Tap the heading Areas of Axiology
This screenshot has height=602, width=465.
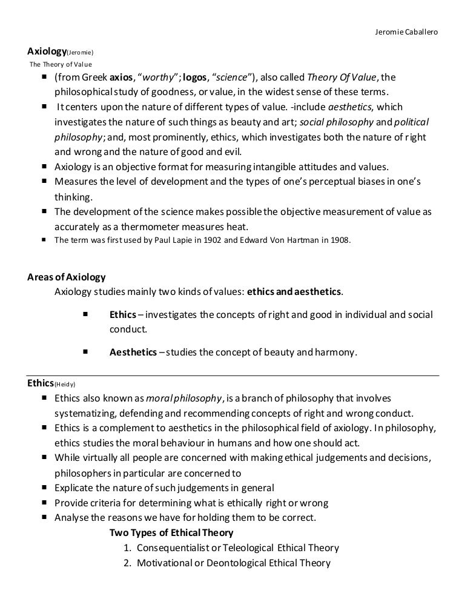point(67,277)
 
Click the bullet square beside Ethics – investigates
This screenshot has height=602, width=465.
point(84,315)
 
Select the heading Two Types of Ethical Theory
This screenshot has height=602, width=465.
point(171,533)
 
